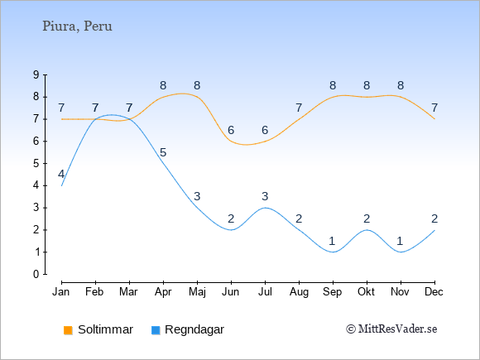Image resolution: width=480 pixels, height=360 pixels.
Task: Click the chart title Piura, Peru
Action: point(77,26)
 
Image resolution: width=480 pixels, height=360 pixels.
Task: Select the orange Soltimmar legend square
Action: point(68,330)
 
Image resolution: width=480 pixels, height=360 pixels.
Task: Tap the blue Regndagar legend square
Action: point(156,330)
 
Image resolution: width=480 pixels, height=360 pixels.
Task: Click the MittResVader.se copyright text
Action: point(391,329)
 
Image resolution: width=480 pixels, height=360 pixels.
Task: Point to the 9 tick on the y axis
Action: point(36,74)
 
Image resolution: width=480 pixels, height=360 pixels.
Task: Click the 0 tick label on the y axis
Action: point(36,274)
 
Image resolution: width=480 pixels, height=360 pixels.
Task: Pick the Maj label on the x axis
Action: point(197,292)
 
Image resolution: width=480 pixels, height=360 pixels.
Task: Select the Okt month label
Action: point(366,292)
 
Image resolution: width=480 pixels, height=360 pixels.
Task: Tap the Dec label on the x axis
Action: point(434,292)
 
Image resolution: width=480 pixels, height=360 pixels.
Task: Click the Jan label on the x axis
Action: point(61,292)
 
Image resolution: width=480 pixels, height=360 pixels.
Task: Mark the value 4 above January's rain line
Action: point(61,175)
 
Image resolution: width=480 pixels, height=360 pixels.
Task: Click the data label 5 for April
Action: point(163,152)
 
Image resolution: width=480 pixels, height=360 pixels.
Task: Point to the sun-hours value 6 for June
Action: point(231,131)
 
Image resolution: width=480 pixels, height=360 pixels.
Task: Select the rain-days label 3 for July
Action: point(265,196)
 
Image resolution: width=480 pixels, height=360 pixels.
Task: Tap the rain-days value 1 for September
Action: point(332,241)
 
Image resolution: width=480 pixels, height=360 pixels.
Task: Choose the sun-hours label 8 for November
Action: point(401,85)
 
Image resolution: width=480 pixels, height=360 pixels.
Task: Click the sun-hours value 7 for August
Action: point(299,108)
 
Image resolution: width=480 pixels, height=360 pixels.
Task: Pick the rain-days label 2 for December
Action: point(434,218)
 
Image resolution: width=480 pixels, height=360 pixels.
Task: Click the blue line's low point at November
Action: point(401,252)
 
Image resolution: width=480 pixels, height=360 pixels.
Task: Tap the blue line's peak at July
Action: point(265,208)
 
